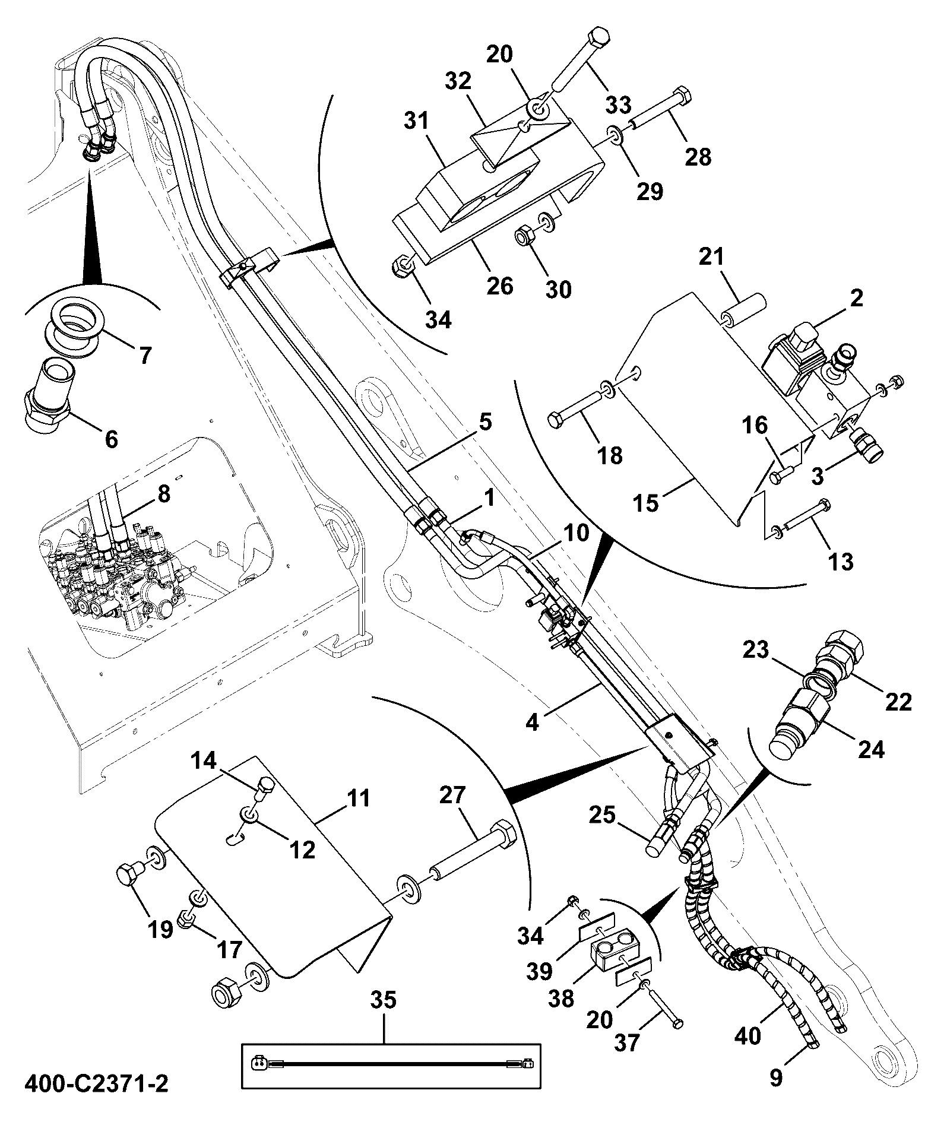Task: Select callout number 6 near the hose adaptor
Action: (110, 439)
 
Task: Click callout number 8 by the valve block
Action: (163, 494)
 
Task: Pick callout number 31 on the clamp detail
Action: (416, 122)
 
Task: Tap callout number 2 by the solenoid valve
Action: (856, 298)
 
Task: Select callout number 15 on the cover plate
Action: (647, 503)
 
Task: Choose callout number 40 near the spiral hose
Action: (748, 1036)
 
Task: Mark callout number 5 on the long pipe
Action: (486, 423)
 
